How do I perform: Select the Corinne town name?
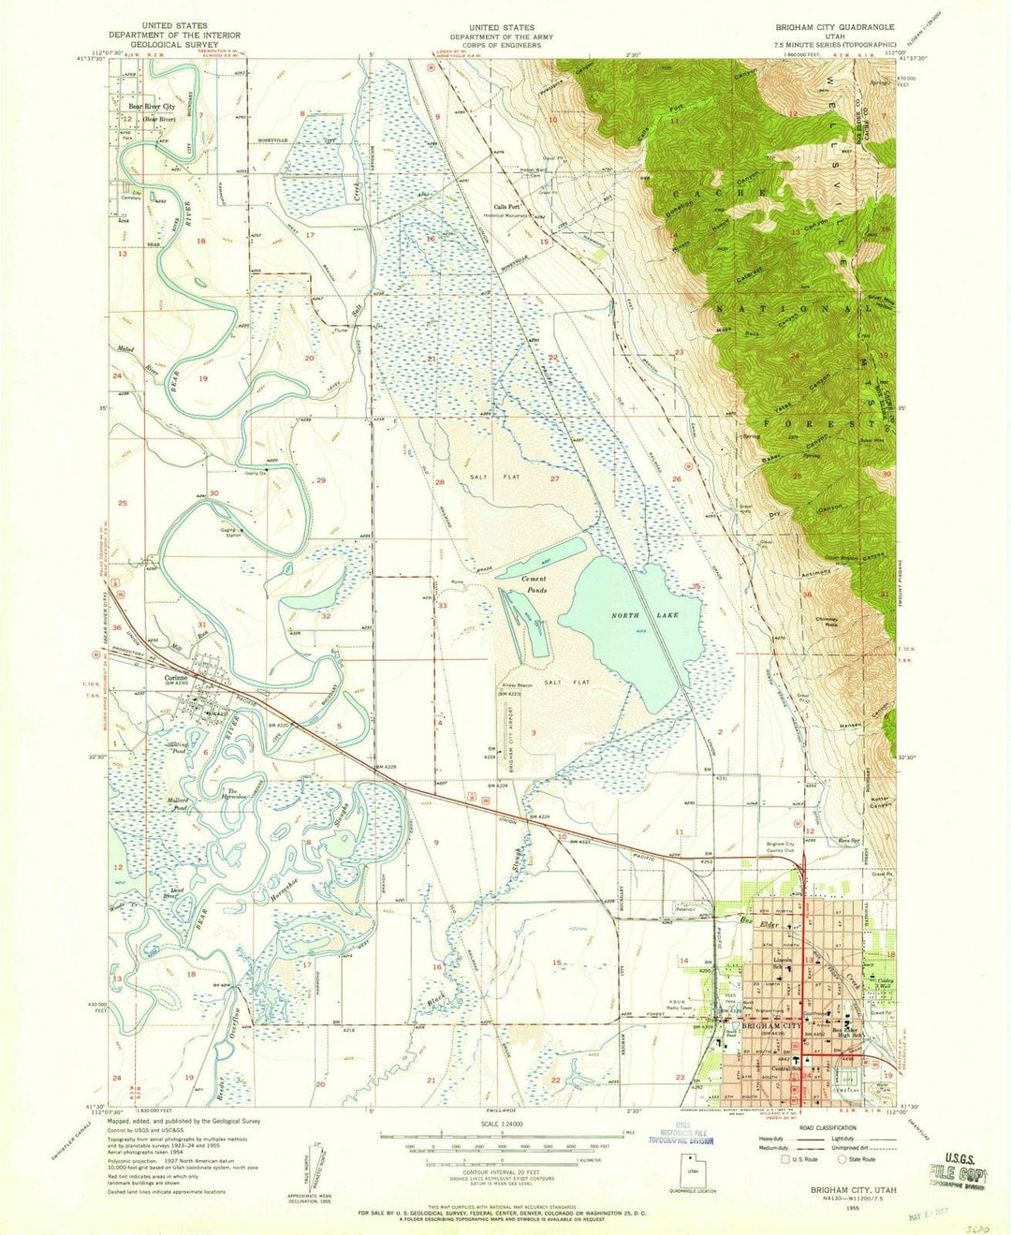[x=177, y=678]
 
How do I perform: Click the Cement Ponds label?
[x=534, y=584]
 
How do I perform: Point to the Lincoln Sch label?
[x=784, y=961]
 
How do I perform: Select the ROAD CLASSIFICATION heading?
[x=828, y=1127]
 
